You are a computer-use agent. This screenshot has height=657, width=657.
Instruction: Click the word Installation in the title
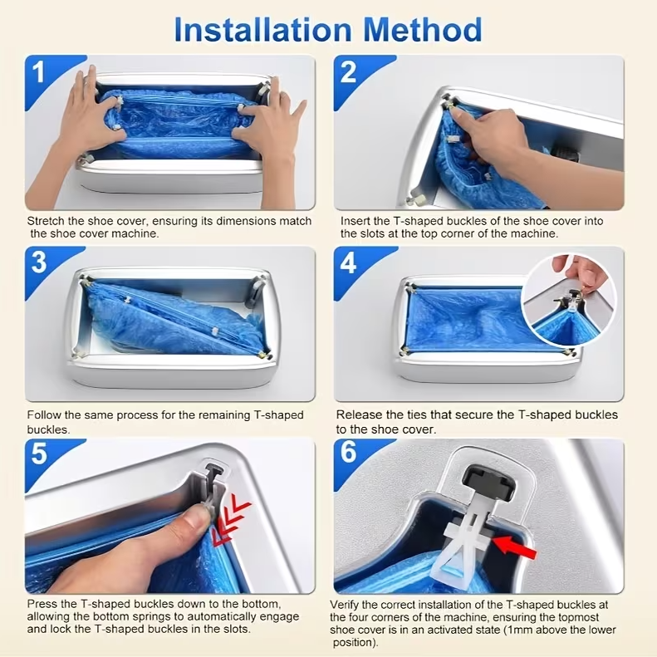point(262,29)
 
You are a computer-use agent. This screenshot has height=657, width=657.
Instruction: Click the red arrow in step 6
point(514,547)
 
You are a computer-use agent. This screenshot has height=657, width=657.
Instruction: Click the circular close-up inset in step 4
point(570,300)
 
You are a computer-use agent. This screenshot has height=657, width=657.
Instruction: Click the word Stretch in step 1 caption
point(46,221)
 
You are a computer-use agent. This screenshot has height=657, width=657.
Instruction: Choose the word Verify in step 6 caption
point(344,605)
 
